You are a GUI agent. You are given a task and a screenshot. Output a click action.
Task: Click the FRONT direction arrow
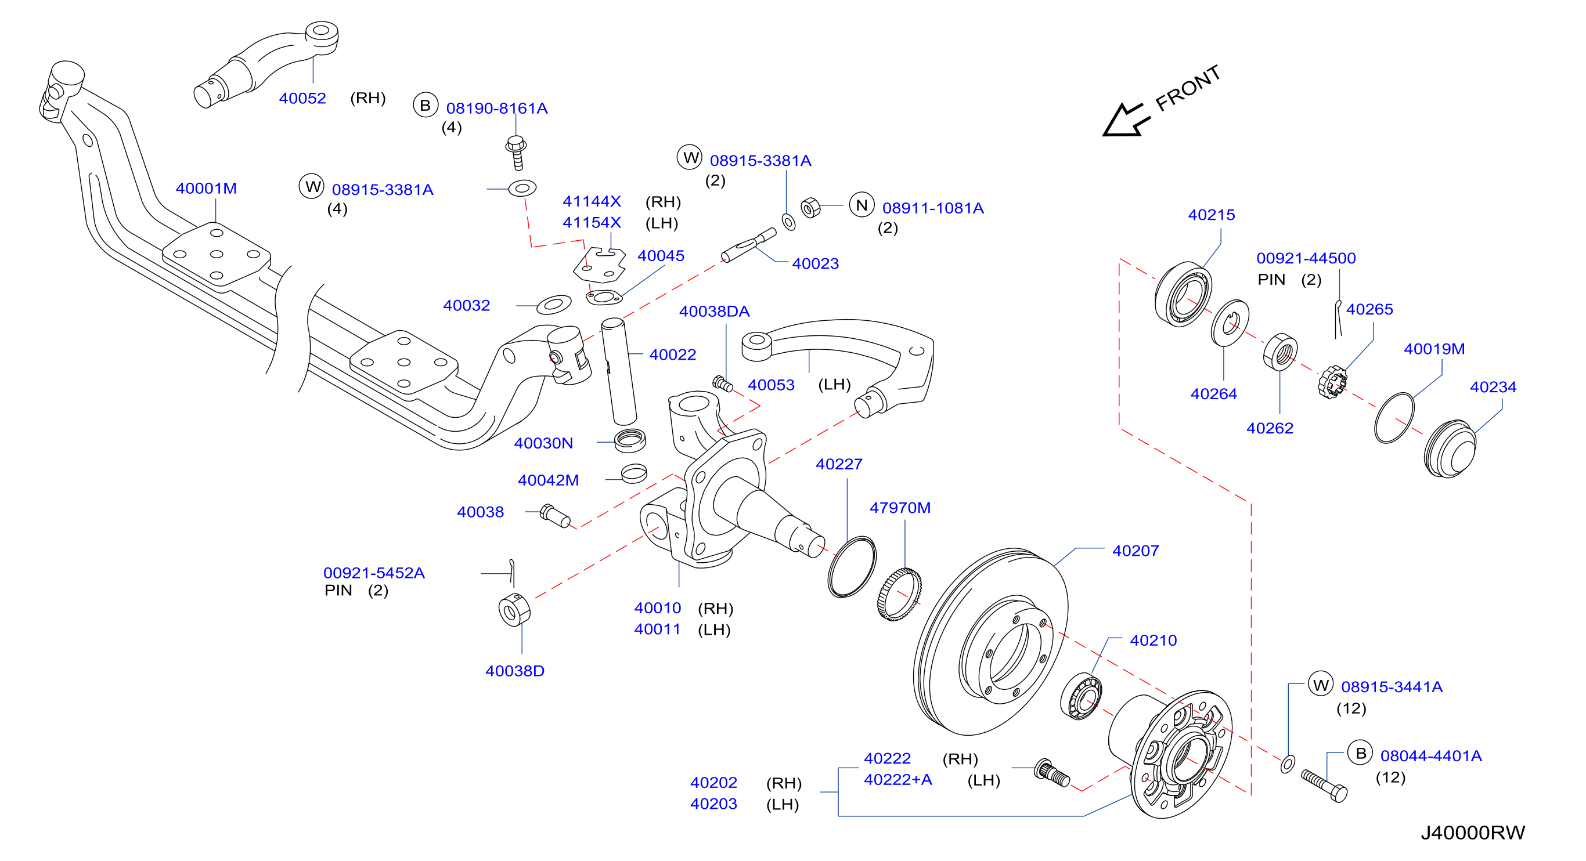coord(1126,120)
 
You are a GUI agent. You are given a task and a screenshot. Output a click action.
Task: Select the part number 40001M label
coord(206,189)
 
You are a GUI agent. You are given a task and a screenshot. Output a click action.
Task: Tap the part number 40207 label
coord(1136,551)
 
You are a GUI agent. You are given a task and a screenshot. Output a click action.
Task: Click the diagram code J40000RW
coord(1473,833)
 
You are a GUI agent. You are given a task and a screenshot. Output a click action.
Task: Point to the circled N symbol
coord(862,205)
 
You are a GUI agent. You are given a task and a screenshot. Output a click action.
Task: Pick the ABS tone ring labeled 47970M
coord(899,595)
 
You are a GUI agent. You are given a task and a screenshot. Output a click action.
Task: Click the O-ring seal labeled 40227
coord(852,567)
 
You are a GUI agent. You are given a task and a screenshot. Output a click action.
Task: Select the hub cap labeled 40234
coord(1450,448)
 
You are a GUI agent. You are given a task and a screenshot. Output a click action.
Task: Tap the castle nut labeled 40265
coord(1332,382)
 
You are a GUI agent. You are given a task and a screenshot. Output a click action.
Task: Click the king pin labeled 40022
coord(619,371)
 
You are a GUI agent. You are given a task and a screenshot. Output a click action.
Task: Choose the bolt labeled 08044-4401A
coord(1324,786)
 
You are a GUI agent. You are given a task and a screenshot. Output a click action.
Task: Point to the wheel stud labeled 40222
coord(1052,773)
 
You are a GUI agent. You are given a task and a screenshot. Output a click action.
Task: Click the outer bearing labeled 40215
coord(1183,294)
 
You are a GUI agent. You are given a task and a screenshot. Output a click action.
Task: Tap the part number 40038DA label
coord(714,312)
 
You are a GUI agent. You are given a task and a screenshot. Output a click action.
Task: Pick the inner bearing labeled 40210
coord(1081,696)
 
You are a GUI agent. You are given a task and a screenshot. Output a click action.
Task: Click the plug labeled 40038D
coord(514,610)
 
